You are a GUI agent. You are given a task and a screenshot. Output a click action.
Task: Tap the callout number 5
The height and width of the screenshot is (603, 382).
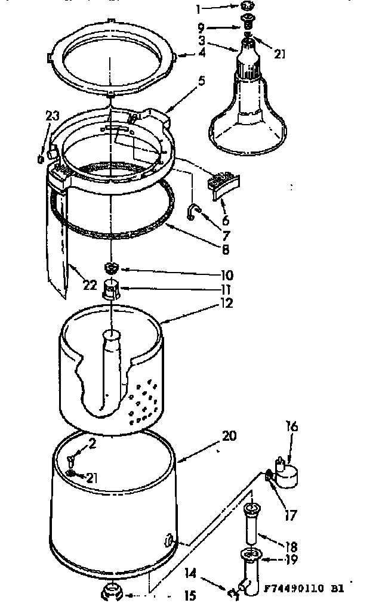pos(202,81)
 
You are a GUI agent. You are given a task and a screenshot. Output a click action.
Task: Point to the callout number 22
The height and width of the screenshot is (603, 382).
pos(90,285)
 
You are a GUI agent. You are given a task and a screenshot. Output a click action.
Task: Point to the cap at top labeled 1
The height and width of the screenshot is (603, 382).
pos(247,7)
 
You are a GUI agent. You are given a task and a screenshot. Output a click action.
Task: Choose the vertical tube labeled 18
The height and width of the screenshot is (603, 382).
pos(251,528)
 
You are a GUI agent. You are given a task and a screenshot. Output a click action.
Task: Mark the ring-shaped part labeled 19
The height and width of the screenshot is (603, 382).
pos(249,556)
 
